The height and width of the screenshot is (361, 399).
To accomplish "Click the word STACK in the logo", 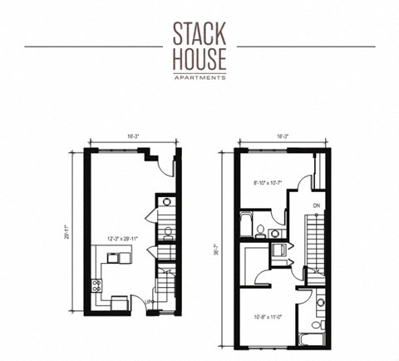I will [199, 34].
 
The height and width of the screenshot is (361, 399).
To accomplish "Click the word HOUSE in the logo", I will [199, 59].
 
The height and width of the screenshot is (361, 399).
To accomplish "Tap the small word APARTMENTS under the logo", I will [199, 77].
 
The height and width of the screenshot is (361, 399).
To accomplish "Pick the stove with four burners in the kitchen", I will [98, 287].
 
